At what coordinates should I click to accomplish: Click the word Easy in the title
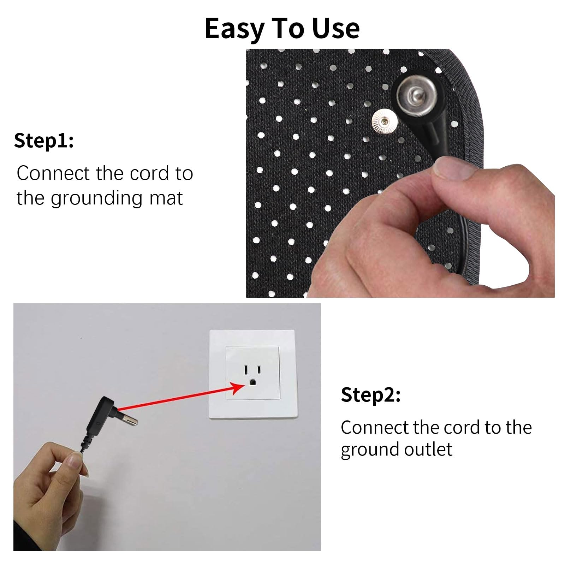tap(233, 29)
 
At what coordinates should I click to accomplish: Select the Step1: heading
tap(44, 141)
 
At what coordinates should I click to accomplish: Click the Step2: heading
tap(371, 395)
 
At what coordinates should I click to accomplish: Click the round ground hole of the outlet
tap(252, 382)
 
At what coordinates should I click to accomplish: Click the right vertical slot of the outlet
tap(259, 370)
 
